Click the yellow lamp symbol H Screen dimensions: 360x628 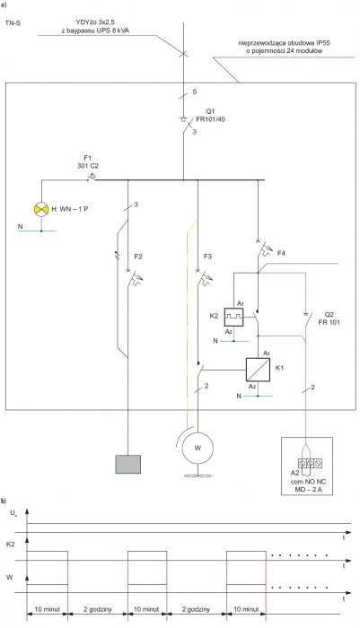(41, 209)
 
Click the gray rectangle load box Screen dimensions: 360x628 (127, 464)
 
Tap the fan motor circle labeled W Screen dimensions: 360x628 (198, 448)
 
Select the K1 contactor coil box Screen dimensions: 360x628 (258, 370)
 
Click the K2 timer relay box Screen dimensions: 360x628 (233, 317)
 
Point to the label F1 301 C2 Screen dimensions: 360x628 (87, 162)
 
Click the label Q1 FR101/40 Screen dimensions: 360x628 (210, 116)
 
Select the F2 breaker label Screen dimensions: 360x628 (138, 257)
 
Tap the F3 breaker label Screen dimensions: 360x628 (207, 257)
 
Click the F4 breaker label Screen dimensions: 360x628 (281, 253)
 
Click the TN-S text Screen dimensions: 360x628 (13, 23)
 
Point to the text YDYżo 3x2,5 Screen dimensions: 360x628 (95, 22)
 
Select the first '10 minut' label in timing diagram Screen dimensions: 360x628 (47, 609)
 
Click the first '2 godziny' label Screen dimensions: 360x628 (98, 609)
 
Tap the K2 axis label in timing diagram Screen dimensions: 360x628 (11, 545)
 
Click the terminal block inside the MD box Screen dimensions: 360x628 (310, 464)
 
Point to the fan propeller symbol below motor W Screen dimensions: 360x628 (198, 475)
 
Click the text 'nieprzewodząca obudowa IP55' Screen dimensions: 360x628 (285, 42)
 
